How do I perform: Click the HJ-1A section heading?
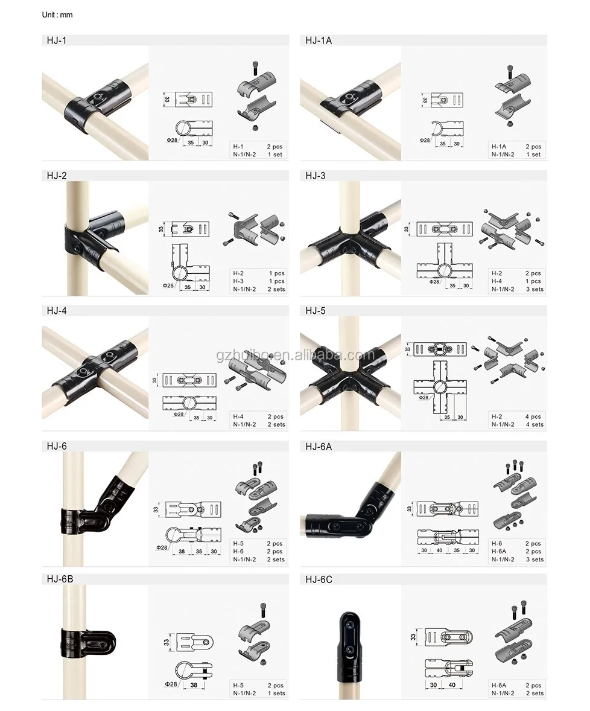tap(319, 41)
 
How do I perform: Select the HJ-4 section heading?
tap(57, 311)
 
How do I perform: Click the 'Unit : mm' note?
tap(57, 14)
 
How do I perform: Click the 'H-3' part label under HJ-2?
tap(239, 281)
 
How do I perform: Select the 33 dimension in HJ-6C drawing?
tap(413, 636)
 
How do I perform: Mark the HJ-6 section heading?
tap(57, 446)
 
